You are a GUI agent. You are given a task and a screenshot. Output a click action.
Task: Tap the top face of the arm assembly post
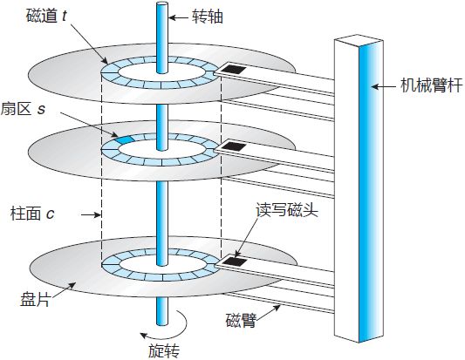click(x=357, y=40)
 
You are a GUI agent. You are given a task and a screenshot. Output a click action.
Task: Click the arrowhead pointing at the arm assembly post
click(x=374, y=86)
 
